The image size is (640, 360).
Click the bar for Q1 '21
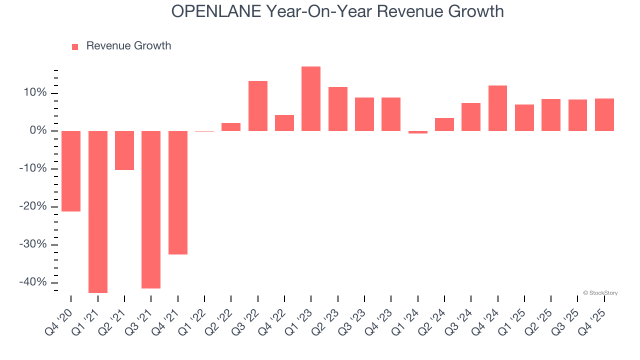98,211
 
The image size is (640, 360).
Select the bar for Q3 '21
151,209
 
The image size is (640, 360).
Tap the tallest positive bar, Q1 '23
311,98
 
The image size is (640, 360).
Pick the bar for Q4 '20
71,171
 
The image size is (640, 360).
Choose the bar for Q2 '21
124,150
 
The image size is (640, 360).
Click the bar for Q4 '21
178,192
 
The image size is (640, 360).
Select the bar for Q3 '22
258,106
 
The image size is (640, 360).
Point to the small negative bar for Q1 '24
418,132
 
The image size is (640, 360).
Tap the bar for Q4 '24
497,108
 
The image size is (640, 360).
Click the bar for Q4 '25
604,114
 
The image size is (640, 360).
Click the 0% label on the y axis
38,131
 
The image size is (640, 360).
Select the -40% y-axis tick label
33,282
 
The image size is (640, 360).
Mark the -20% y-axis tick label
33,206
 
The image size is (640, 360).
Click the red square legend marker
75,46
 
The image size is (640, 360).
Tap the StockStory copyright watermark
600,293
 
